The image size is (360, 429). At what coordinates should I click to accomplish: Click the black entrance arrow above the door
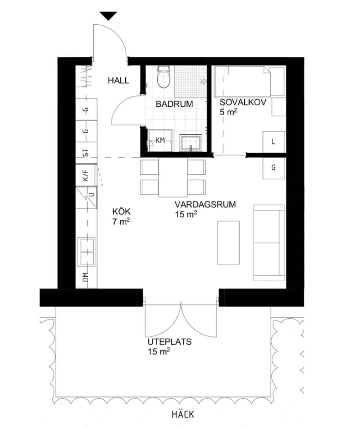click(x=109, y=16)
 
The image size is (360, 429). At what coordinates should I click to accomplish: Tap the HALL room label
click(x=119, y=81)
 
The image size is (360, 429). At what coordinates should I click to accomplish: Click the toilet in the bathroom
click(x=163, y=78)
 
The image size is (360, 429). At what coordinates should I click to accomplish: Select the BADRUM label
click(x=174, y=104)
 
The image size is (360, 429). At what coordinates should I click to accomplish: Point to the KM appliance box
click(x=159, y=141)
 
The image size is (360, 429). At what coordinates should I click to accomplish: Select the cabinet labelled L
click(x=273, y=141)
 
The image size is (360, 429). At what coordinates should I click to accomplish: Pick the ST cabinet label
click(x=85, y=153)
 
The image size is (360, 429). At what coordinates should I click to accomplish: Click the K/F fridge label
click(x=85, y=176)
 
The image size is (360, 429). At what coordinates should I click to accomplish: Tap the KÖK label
click(x=121, y=211)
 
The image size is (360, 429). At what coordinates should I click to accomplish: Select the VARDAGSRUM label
click(x=206, y=204)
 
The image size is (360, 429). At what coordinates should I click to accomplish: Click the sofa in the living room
click(x=268, y=241)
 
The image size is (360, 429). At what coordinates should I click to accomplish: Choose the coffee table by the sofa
click(x=229, y=241)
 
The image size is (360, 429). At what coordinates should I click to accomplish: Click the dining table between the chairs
click(x=174, y=176)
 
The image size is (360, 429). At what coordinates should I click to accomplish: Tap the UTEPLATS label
click(x=169, y=341)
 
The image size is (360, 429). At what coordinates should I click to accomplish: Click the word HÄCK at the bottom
click(x=182, y=415)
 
